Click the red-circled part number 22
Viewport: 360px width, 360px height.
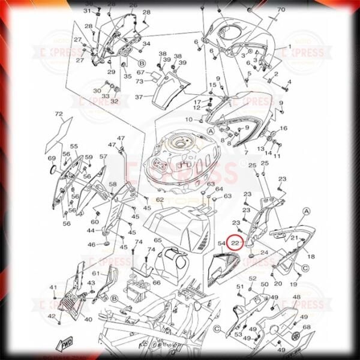click(236, 243)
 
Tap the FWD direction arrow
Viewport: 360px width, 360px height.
click(64, 345)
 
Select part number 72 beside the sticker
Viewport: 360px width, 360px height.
click(59, 114)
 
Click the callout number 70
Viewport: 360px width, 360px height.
click(281, 10)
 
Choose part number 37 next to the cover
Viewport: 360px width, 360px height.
click(139, 97)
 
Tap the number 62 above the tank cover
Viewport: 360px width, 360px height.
click(160, 200)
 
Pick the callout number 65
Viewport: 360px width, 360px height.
click(157, 241)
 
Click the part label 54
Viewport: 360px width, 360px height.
click(221, 244)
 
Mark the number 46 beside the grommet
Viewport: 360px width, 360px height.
click(91, 245)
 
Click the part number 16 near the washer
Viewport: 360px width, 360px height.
click(284, 128)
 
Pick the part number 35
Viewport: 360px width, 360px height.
click(127, 76)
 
